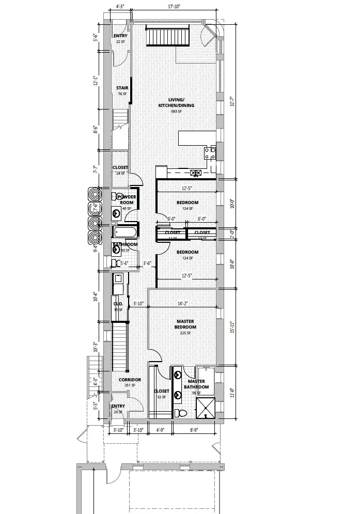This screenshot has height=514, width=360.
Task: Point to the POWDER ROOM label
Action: [x=127, y=200]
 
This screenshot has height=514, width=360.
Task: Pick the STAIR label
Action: [x=122, y=88]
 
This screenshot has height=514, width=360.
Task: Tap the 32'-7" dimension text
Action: [x=232, y=101]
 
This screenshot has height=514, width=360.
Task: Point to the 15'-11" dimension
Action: [x=232, y=326]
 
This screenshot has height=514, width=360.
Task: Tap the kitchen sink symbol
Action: [x=195, y=173]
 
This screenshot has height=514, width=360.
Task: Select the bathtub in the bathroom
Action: [x=126, y=231]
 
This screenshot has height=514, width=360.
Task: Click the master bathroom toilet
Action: [x=181, y=413]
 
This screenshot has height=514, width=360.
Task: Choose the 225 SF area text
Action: [x=185, y=333]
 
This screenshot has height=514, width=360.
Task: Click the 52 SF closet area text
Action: [x=161, y=397]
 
